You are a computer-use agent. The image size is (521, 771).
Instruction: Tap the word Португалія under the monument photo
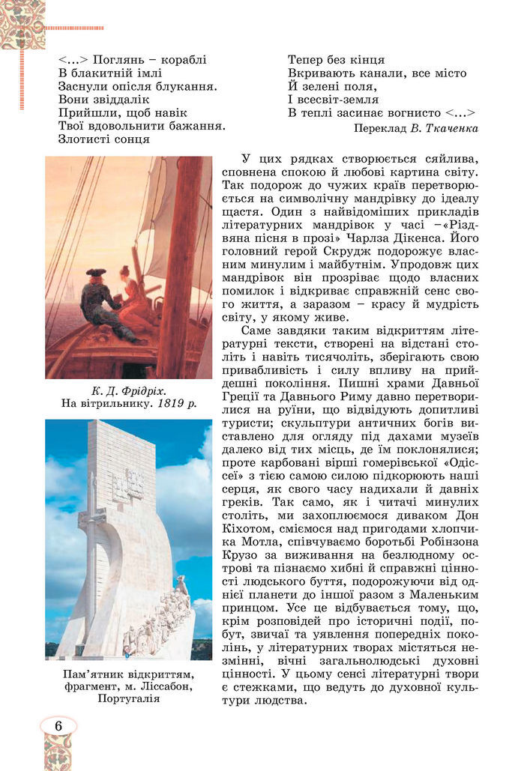(x=128, y=698)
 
